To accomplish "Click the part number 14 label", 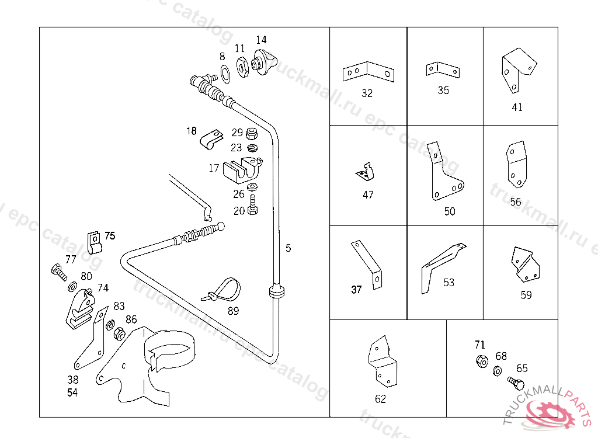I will coord(261,40).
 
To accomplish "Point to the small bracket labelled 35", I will coord(442,69).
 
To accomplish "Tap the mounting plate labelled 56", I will coord(516,164).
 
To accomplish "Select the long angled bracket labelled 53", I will coord(441,263).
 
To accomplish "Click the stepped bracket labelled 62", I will coord(382,362).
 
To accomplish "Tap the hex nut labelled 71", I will coord(482,361).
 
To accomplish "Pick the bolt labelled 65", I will coord(516,384).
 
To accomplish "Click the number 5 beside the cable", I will coord(288,248).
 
